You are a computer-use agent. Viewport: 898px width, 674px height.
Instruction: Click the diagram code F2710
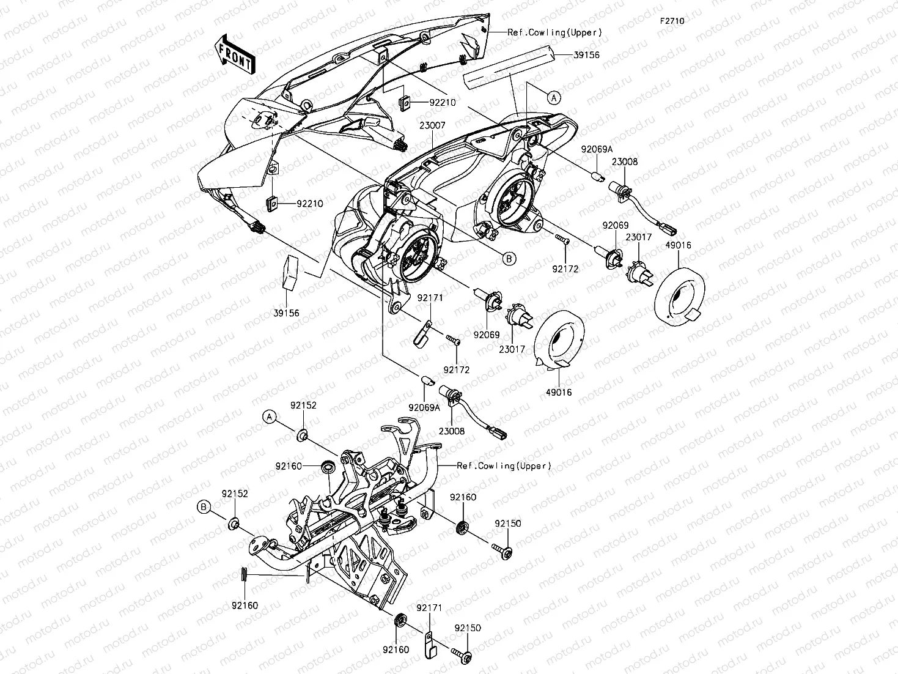tap(671, 21)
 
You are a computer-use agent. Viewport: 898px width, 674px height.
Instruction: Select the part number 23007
tap(432, 125)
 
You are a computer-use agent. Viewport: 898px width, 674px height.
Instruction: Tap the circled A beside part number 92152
tap(269, 417)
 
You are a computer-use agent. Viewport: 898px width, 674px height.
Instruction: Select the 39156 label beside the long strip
tap(586, 54)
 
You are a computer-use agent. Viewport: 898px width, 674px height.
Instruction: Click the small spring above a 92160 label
tap(243, 576)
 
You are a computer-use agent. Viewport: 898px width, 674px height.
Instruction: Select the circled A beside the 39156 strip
tap(553, 97)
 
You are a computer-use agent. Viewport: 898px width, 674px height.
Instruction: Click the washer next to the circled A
tap(302, 435)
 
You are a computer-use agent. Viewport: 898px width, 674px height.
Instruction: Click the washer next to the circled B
tap(235, 524)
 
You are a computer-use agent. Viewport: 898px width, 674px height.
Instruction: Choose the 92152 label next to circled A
tap(303, 405)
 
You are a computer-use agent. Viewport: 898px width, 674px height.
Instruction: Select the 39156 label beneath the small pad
tap(286, 313)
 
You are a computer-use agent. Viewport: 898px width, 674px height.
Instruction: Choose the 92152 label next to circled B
tap(235, 494)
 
